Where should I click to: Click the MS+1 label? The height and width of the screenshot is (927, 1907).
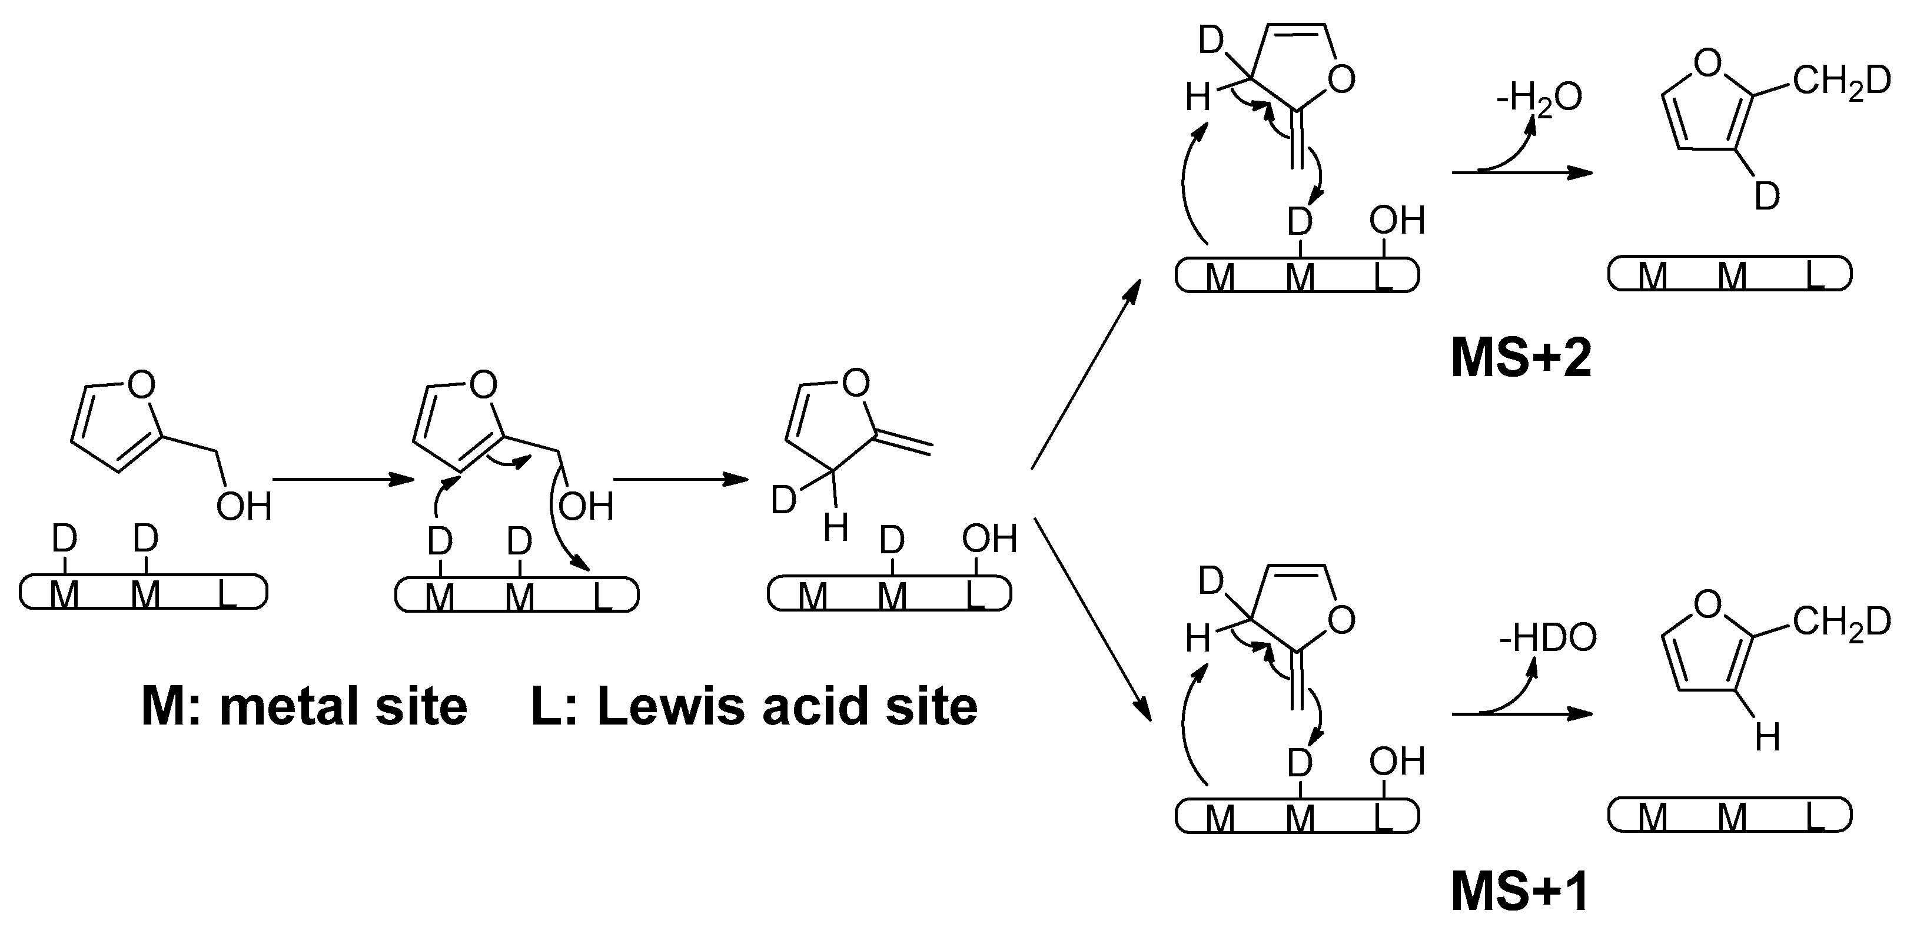(1519, 893)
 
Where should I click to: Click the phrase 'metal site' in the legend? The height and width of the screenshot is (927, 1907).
(344, 706)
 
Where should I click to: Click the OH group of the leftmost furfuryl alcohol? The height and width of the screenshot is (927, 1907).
(244, 507)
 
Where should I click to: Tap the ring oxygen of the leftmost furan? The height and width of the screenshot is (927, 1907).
(141, 384)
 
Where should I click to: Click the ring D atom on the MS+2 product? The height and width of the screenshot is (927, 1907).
(1768, 197)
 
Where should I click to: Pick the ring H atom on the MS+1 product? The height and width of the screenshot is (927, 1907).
(1768, 737)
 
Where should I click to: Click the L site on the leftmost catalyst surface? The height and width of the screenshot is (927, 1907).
(227, 594)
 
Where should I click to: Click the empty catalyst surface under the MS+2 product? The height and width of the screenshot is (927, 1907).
(1729, 275)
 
